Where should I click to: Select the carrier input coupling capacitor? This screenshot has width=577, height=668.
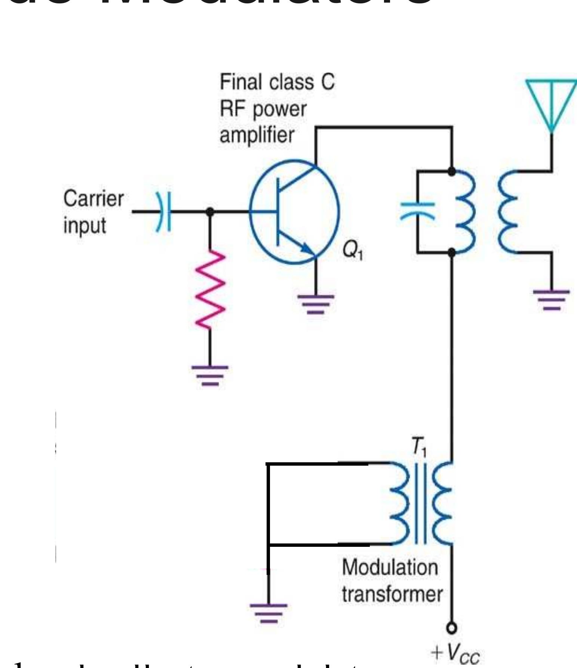tap(163, 212)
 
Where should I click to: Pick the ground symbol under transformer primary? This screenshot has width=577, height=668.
tap(268, 613)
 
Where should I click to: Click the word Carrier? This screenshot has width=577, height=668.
tap(93, 199)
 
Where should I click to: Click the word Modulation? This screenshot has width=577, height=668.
tap(390, 567)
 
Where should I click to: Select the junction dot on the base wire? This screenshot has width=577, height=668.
tap(210, 212)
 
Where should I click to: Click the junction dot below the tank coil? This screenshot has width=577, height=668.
tap(452, 253)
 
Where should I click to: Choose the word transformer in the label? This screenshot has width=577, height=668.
tap(392, 594)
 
